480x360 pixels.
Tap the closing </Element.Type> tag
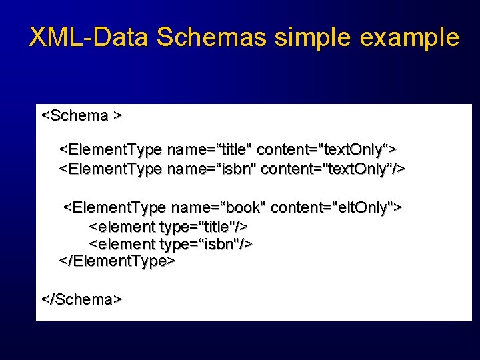(x=117, y=261)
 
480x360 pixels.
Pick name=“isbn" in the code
(x=211, y=169)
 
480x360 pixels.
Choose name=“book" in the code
(x=217, y=208)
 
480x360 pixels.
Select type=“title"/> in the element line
(x=204, y=227)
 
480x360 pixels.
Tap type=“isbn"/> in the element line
(x=206, y=244)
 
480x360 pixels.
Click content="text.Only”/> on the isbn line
(x=333, y=169)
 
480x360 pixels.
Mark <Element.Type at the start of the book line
(x=115, y=208)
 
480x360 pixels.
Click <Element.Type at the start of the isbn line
(x=111, y=169)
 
